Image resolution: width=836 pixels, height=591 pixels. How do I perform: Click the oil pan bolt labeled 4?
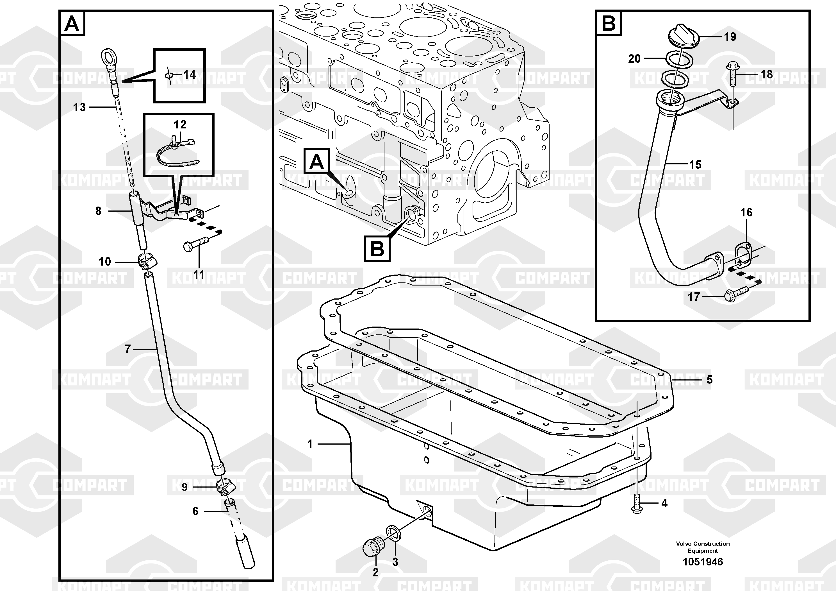pyautogui.click(x=636, y=504)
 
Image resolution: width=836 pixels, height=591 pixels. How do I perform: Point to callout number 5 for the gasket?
pyautogui.click(x=709, y=380)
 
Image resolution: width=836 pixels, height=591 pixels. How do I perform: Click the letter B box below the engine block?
pyautogui.click(x=377, y=249)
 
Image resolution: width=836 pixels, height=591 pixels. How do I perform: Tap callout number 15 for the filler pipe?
pyautogui.click(x=695, y=165)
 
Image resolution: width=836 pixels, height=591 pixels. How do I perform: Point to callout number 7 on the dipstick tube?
pyautogui.click(x=127, y=349)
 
